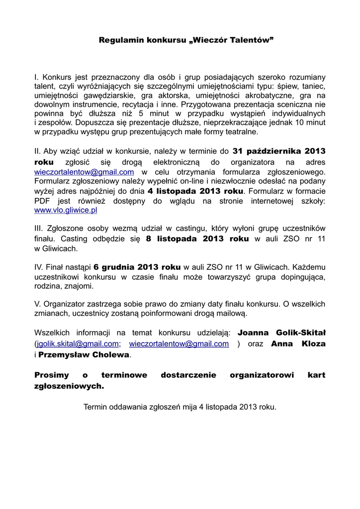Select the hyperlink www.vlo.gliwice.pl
point(65,210)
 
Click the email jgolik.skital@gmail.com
point(78,343)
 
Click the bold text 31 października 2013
point(278,151)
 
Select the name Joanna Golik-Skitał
point(281,332)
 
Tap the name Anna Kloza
point(298,343)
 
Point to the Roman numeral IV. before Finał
point(40,267)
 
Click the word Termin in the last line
point(95,406)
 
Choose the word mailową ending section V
point(232,313)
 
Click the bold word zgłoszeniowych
point(69,386)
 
